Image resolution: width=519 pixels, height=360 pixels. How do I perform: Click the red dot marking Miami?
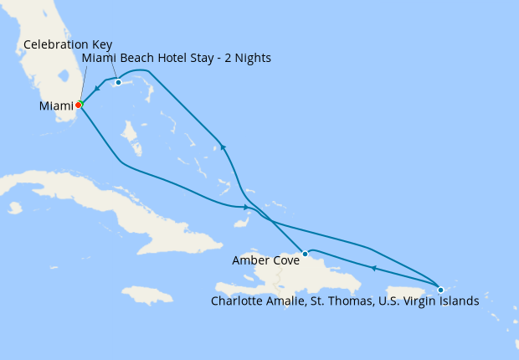tap(78, 105)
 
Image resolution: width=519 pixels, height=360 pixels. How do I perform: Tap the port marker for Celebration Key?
tap(119, 82)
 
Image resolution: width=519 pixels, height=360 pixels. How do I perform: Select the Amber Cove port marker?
tap(306, 254)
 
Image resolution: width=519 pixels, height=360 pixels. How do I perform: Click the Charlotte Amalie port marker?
tap(441, 290)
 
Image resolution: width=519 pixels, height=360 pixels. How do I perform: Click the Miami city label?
tap(55, 106)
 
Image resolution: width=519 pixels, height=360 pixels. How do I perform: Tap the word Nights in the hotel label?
tap(253, 58)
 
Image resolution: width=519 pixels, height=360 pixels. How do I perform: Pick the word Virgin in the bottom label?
tap(421, 301)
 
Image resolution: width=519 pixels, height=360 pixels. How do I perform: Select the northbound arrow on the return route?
tap(222, 147)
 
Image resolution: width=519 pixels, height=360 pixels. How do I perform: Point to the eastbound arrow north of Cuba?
tap(244, 207)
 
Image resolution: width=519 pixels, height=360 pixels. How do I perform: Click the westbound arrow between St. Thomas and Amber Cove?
tap(373, 268)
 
